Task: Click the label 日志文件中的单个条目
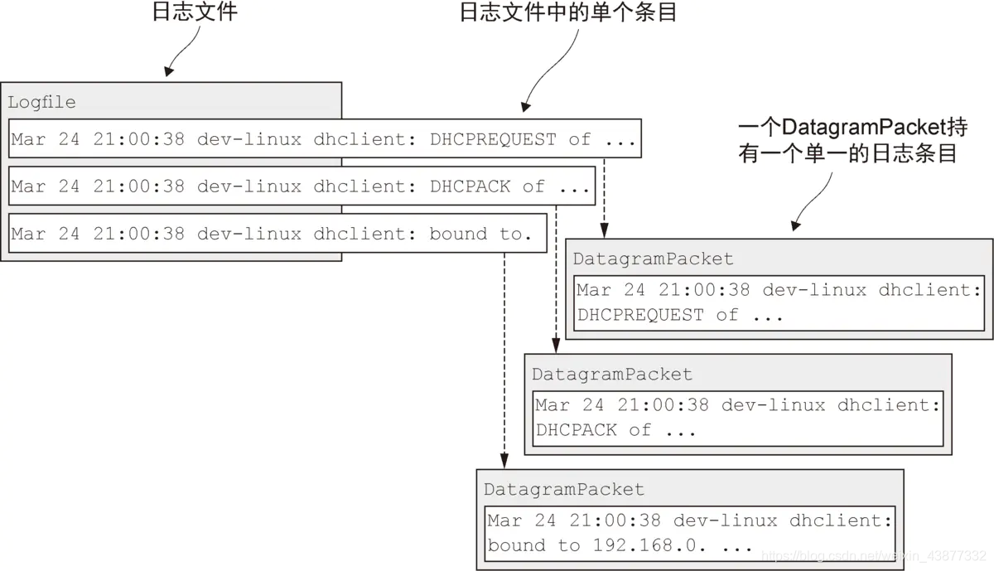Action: coord(567,13)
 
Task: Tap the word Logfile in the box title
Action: coord(41,103)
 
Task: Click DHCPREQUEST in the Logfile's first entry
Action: coord(493,139)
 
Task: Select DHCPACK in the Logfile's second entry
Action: coord(470,186)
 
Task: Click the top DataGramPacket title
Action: coord(653,259)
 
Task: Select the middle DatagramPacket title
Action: coord(611,375)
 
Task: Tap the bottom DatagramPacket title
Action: coord(563,490)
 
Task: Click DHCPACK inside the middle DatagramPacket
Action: coord(576,430)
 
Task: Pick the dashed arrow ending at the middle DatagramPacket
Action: coord(555,282)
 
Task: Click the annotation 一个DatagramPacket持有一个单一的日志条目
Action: coord(852,140)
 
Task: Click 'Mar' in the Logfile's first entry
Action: coord(28,139)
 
